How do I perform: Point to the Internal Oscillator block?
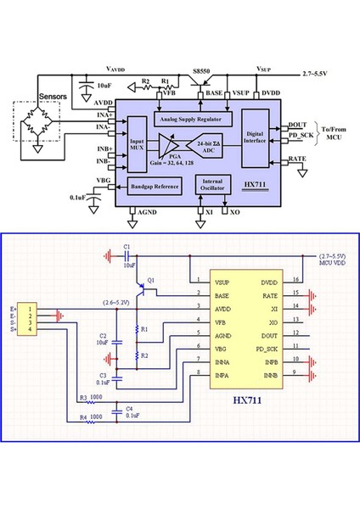[213, 184]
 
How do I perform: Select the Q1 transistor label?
[151, 280]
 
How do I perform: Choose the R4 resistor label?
[83, 417]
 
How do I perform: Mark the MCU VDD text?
[332, 262]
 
